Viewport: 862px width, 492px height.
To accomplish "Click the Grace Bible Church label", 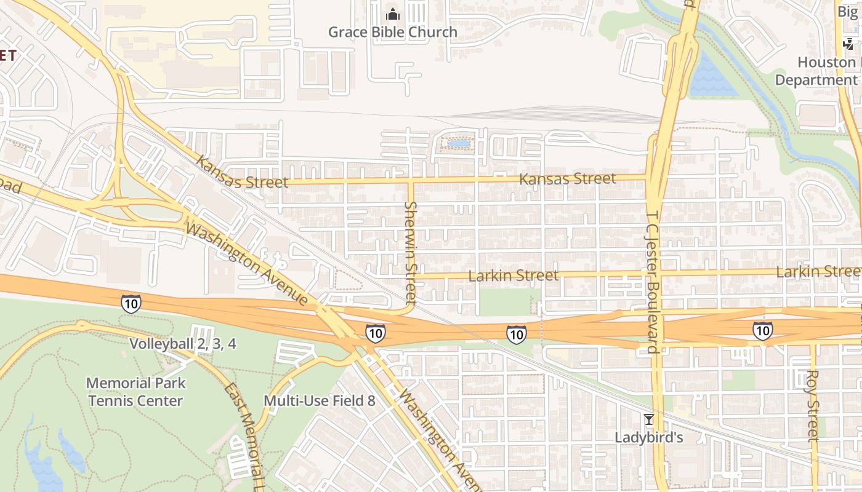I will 392,32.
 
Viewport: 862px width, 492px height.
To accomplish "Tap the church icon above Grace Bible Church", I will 392,14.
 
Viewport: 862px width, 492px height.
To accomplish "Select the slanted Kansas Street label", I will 241,174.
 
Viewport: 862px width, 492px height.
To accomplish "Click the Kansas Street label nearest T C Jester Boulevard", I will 567,179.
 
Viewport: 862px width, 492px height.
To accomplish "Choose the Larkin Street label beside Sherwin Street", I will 514,276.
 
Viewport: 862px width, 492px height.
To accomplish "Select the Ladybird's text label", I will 649,438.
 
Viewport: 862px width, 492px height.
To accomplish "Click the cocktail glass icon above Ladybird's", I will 648,419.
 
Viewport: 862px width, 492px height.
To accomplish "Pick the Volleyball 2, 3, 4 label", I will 182,343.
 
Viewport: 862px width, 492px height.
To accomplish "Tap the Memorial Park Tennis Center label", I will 135,392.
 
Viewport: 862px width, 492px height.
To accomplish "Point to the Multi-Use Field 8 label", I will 319,401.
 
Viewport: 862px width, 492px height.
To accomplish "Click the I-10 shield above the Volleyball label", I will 131,303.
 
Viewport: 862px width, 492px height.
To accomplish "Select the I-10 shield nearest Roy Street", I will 762,331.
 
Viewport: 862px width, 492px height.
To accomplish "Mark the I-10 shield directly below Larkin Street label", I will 516,334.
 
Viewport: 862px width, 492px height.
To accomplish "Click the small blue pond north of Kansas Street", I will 459,144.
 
